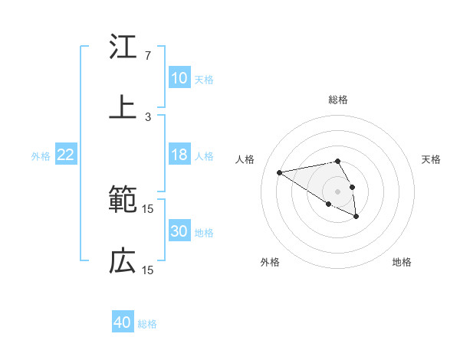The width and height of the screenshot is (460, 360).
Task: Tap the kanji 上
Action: pos(123,107)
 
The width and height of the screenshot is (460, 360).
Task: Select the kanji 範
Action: pos(123,201)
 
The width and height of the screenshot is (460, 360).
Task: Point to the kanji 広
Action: pos(123,261)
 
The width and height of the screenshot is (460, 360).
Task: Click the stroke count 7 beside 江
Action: pos(148,56)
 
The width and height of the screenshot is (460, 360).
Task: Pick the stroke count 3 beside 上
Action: pos(148,116)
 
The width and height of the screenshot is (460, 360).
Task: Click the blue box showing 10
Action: pos(179,78)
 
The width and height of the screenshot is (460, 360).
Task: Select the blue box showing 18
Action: pos(179,155)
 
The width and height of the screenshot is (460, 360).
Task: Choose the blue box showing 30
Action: pos(179,232)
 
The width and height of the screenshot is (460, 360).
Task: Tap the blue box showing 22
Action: pos(66,155)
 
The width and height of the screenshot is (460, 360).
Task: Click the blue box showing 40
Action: pos(123,322)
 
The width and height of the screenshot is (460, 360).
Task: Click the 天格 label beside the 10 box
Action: pos(204,79)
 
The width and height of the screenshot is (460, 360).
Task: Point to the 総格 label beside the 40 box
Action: pos(147,323)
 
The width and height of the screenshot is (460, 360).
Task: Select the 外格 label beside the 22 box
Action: pos(41,156)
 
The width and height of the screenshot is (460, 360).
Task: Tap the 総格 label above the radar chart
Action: pos(338,100)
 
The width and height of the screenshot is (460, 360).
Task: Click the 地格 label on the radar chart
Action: pos(402,262)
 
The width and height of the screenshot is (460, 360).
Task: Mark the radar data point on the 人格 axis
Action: pos(280,172)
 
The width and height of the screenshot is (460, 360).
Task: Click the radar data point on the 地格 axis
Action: pos(356,217)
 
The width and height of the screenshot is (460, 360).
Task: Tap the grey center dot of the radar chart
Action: pos(338,191)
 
